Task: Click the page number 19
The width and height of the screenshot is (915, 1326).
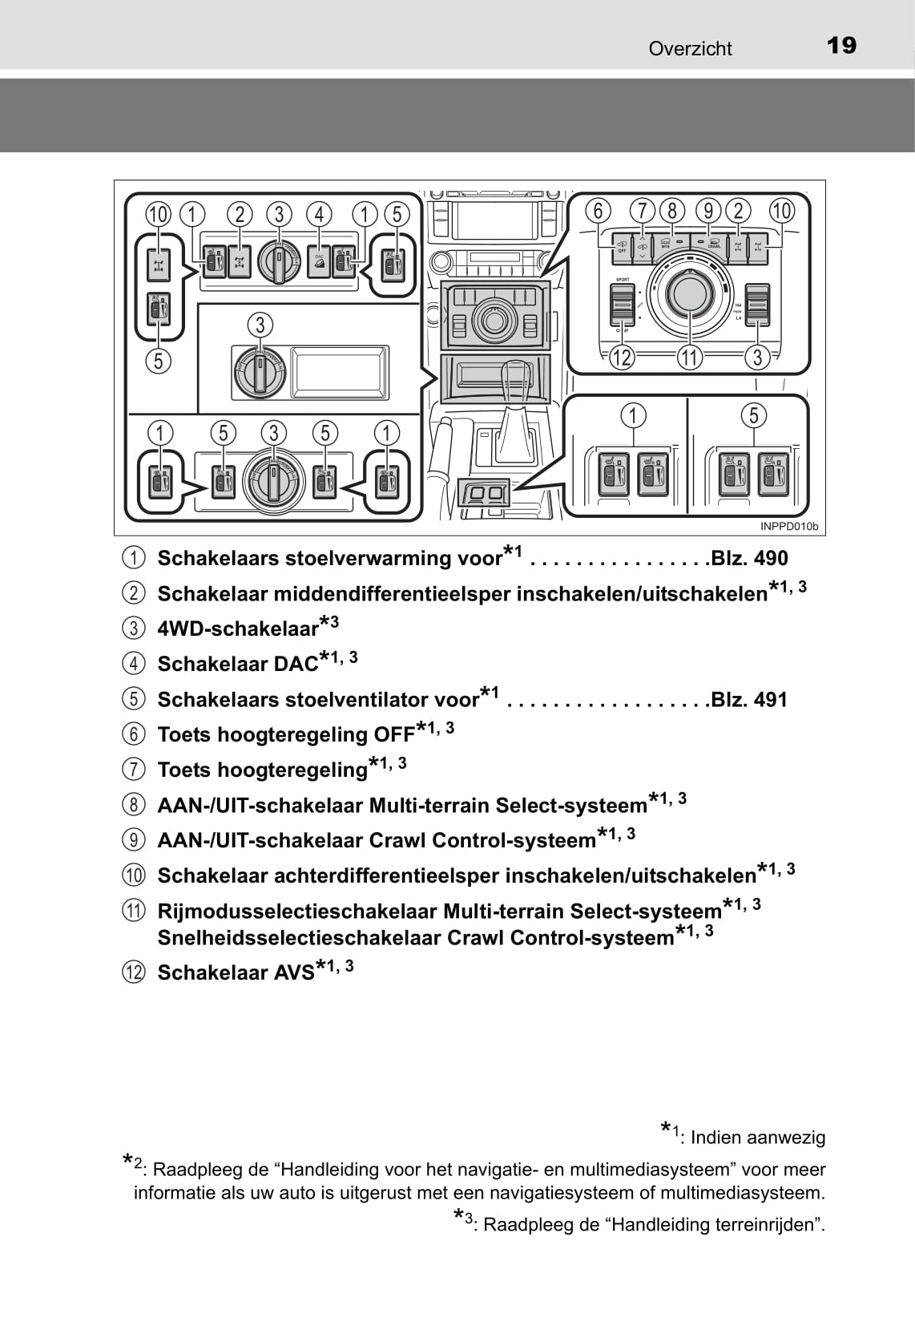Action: [x=841, y=46]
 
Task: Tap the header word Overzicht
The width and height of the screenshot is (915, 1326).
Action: [x=690, y=49]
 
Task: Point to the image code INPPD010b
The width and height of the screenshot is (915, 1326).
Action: [x=789, y=527]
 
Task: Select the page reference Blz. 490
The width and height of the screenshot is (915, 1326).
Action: [x=749, y=558]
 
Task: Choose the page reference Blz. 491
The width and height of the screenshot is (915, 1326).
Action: [x=749, y=699]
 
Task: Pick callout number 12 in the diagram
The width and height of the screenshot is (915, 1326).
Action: [x=622, y=358]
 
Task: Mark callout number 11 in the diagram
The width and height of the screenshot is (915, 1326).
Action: [x=690, y=358]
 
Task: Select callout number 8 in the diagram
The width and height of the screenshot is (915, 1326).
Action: [x=671, y=211]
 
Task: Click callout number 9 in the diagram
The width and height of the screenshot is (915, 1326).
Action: [x=708, y=211]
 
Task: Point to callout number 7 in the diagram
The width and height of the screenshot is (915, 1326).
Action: [x=642, y=211]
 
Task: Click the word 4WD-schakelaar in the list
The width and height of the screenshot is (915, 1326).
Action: [x=238, y=629]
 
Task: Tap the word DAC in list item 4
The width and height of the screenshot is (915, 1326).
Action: [x=296, y=664]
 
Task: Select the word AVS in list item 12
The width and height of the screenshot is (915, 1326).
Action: [x=294, y=972]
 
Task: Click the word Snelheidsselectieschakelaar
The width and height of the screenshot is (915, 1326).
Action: [x=299, y=938]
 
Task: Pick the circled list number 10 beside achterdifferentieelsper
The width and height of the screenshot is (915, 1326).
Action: [x=134, y=875]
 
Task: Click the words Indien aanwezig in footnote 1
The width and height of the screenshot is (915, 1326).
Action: [x=757, y=1137]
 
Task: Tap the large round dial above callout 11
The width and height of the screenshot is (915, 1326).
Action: [x=689, y=293]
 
